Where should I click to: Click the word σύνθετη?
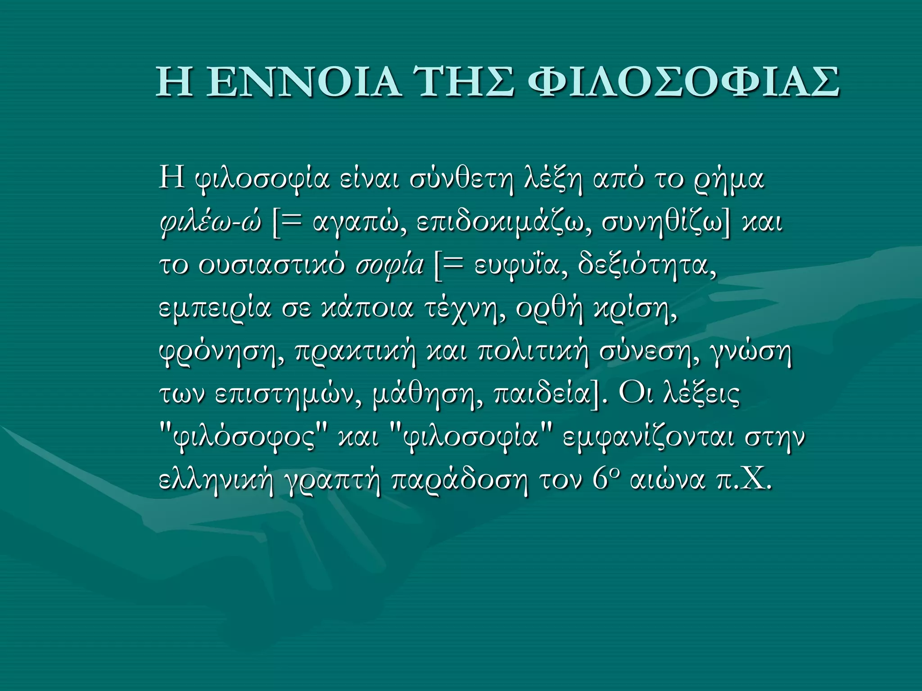click(x=461, y=179)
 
